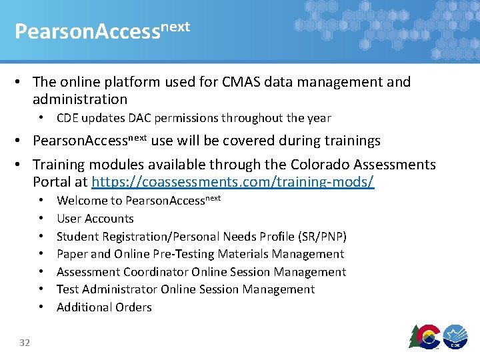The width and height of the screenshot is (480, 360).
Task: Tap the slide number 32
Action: [x=25, y=342]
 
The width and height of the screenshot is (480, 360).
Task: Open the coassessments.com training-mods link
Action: [x=233, y=182]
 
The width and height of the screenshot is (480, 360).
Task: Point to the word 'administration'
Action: [x=80, y=99]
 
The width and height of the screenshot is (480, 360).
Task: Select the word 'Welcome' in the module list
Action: [x=81, y=200]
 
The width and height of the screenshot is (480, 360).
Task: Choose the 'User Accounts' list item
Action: [x=95, y=218]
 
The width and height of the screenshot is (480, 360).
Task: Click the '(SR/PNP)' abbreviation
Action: [x=322, y=236]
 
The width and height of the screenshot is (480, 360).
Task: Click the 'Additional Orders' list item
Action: [x=104, y=307]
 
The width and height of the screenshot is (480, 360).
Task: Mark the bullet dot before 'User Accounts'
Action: [x=41, y=218]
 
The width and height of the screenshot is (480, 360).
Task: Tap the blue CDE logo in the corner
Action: [x=457, y=336]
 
